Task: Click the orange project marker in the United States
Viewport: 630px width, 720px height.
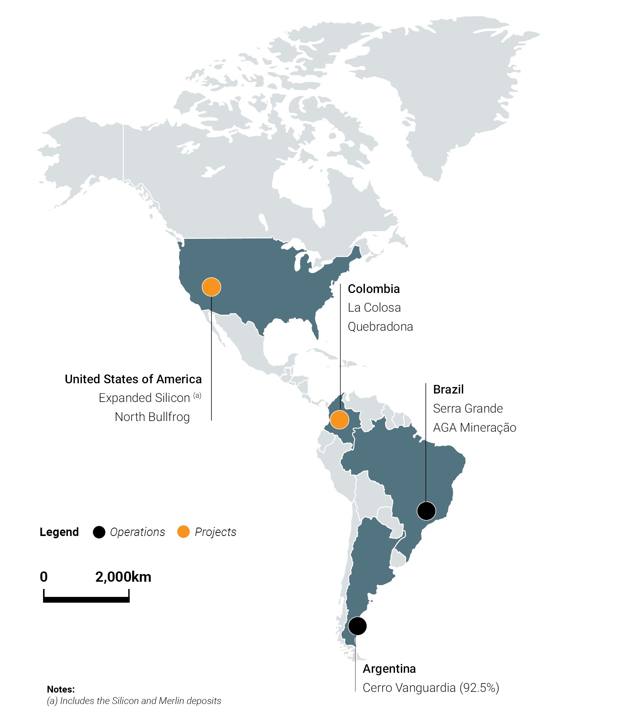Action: [211, 287]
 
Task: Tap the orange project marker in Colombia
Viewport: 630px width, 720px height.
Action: [339, 420]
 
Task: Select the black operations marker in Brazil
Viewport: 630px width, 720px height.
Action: [426, 511]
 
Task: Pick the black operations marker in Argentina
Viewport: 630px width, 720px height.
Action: [357, 626]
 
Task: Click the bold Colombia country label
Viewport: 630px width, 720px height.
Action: [374, 289]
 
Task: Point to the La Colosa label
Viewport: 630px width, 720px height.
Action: [374, 308]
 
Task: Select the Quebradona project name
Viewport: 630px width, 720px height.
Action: [380, 327]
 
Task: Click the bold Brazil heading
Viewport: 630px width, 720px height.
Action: [448, 390]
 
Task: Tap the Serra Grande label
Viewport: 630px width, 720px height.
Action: [468, 409]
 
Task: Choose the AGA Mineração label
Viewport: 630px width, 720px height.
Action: [475, 428]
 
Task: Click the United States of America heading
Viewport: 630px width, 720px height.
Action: [133, 379]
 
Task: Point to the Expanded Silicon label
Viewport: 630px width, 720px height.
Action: [144, 398]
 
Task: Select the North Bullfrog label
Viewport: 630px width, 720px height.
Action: [152, 417]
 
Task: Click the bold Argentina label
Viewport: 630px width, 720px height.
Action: [389, 669]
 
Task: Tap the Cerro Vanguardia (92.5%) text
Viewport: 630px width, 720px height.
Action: [431, 688]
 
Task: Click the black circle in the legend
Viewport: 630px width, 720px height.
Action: [99, 532]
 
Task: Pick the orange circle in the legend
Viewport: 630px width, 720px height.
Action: [184, 532]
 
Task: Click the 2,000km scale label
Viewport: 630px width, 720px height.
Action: [123, 577]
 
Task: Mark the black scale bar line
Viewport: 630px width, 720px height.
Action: [86, 600]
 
